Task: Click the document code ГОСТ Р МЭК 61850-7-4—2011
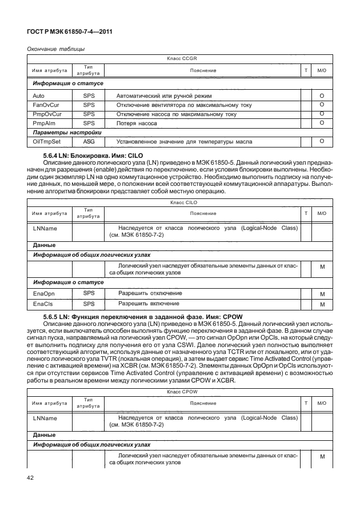coord(69,32)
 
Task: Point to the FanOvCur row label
coord(45,105)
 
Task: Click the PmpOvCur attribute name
coord(46,114)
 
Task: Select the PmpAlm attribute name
coord(43,123)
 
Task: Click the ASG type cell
coord(89,142)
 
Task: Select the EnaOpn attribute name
coord(44,293)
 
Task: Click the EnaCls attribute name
coord(43,304)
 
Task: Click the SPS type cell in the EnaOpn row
coord(89,293)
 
